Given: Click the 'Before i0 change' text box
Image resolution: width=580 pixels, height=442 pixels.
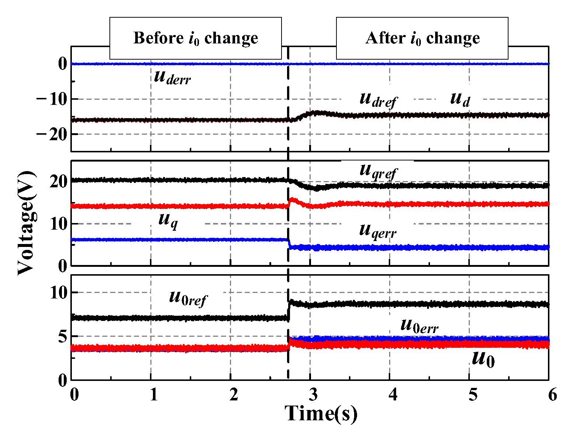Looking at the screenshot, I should coord(196,38).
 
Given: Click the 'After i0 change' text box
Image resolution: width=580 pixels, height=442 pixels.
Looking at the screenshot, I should coord(422,38).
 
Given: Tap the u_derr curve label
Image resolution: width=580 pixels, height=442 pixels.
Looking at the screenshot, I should coord(172,78).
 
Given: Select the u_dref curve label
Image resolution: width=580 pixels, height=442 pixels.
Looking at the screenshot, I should coord(378,99).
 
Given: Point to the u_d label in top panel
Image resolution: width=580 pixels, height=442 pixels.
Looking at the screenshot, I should coord(460,99).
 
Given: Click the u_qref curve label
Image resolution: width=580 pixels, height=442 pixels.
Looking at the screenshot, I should coord(378,171).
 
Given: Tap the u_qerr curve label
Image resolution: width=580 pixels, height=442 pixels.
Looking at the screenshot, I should coord(378,231).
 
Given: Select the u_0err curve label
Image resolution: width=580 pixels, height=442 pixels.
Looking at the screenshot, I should coord(419,326).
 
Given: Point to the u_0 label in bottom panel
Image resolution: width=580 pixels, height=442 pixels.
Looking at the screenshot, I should coord(483,359).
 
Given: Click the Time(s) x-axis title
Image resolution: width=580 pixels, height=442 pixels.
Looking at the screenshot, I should coord(321,414).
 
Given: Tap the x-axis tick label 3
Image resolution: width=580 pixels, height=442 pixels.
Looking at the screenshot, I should coord(313,395).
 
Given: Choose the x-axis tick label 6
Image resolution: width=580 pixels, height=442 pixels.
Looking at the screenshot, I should coord(552,395).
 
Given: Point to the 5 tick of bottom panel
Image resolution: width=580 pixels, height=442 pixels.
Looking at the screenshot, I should coord(63,337).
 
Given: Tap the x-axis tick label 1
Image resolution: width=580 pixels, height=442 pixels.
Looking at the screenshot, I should coord(154,395).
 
